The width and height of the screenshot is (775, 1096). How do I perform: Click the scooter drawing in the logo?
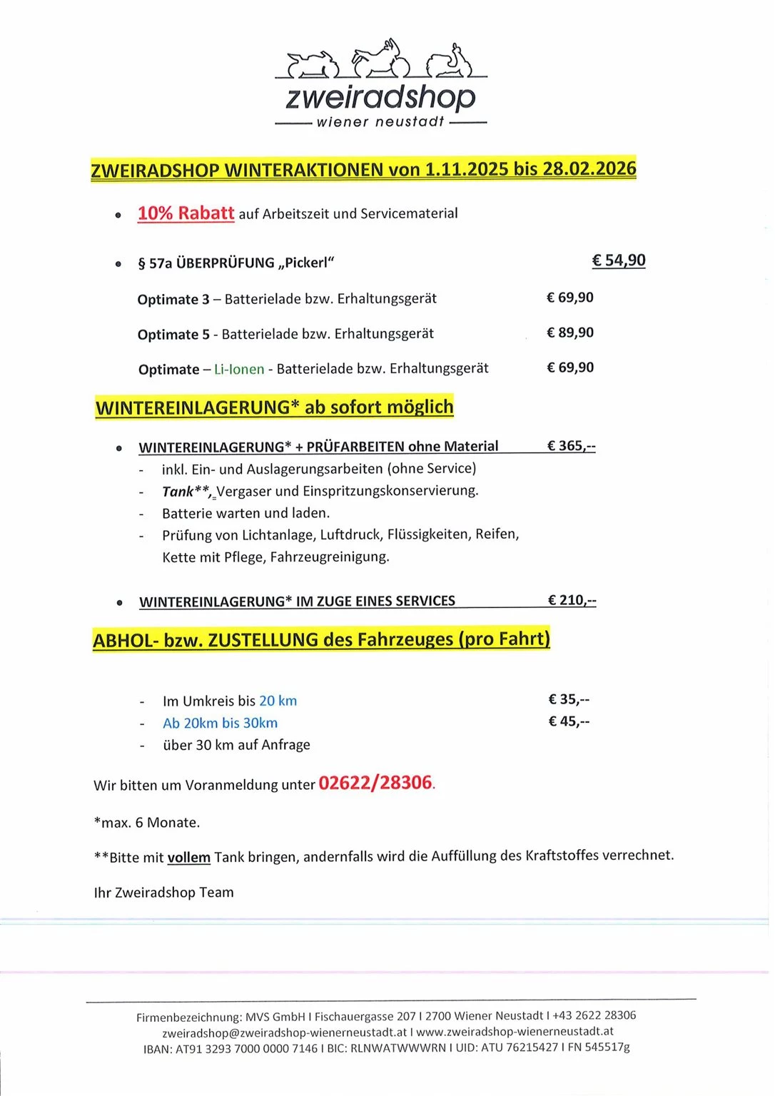[x=450, y=62]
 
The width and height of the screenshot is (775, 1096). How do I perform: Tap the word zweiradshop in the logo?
[x=380, y=97]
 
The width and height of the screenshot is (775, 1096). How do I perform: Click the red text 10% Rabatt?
[x=186, y=213]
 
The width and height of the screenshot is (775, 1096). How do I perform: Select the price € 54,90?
[x=618, y=260]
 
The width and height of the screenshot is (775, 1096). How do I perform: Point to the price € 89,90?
[x=569, y=333]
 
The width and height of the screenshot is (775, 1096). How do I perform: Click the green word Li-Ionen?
[x=239, y=370]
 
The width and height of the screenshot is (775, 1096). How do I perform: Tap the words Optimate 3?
[x=173, y=299]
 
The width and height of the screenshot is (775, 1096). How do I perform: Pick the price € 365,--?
[x=571, y=446]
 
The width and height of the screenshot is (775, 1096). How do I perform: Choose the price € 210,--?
[x=572, y=600]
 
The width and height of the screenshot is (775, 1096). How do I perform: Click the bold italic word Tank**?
[x=186, y=491]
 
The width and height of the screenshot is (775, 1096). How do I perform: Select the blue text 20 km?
[x=278, y=701]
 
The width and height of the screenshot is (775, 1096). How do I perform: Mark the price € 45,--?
[x=569, y=721]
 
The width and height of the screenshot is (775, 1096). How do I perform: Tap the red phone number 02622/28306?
[x=375, y=783]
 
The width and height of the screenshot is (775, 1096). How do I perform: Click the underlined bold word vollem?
[x=189, y=857]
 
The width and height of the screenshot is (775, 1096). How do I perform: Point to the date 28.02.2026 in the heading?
[x=589, y=168]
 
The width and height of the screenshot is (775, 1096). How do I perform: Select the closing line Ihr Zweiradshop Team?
[x=164, y=892]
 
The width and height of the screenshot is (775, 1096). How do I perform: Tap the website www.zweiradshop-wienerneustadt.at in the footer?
[x=515, y=1031]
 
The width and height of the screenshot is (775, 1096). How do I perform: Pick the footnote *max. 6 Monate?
[x=147, y=822]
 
